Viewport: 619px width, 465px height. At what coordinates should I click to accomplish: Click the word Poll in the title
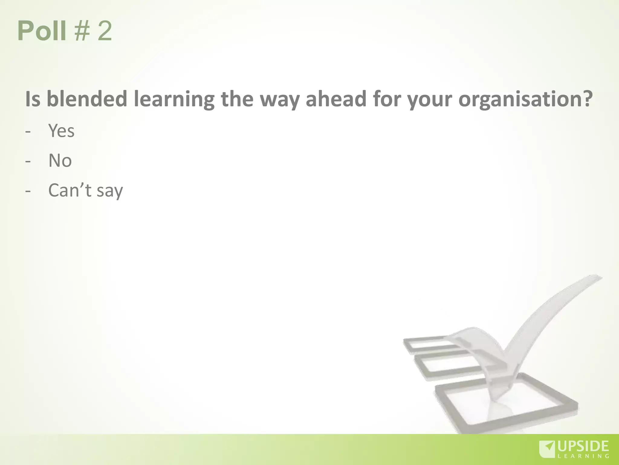[42, 31]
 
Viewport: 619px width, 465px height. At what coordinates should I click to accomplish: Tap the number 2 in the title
[105, 31]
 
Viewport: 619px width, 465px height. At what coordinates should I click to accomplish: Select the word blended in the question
[87, 99]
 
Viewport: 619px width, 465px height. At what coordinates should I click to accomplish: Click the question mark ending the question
[587, 99]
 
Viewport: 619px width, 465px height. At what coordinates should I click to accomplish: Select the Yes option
[61, 131]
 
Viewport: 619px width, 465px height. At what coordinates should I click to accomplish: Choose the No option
[60, 160]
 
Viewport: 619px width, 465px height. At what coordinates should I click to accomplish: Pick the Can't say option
[86, 191]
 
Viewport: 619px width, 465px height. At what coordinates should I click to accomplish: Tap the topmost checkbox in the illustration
[429, 345]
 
